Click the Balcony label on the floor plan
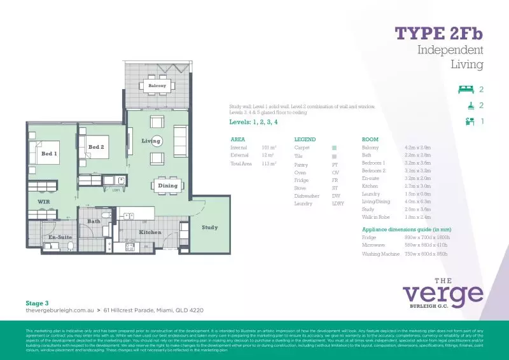[157, 85]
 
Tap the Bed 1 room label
[49, 153]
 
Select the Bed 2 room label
[96, 148]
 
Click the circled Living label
[151, 141]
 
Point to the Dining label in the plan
[168, 186]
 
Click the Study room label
[209, 227]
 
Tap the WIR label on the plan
[43, 202]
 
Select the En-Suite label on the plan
[59, 237]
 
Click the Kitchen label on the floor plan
[150, 232]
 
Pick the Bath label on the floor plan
[94, 221]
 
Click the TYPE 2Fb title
[439, 33]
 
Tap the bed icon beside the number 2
[465, 90]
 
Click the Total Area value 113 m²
[269, 163]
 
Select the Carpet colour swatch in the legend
[334, 147]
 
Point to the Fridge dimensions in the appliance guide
[428, 237]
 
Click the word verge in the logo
[443, 294]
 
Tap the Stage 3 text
[37, 303]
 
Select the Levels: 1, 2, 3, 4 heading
[253, 121]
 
